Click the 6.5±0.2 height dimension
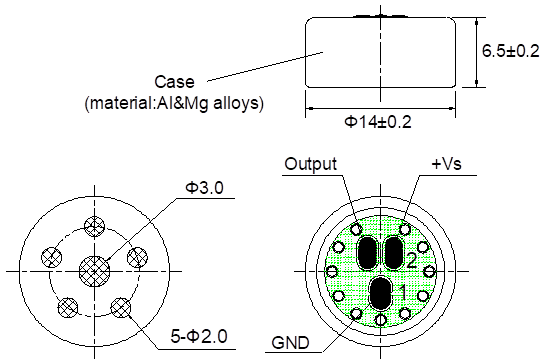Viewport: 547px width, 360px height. coord(510,51)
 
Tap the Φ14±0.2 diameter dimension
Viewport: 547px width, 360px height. coord(378,122)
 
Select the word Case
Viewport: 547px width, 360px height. coord(174,82)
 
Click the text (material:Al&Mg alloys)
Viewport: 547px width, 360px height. coord(174,104)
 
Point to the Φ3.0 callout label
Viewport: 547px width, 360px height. coord(204,188)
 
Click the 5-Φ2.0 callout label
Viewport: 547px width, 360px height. coord(199,337)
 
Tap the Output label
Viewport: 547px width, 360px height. coord(310,164)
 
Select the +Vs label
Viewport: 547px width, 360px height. coord(447,164)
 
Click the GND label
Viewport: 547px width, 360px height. coord(290,343)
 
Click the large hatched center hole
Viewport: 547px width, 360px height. coord(95,271)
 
